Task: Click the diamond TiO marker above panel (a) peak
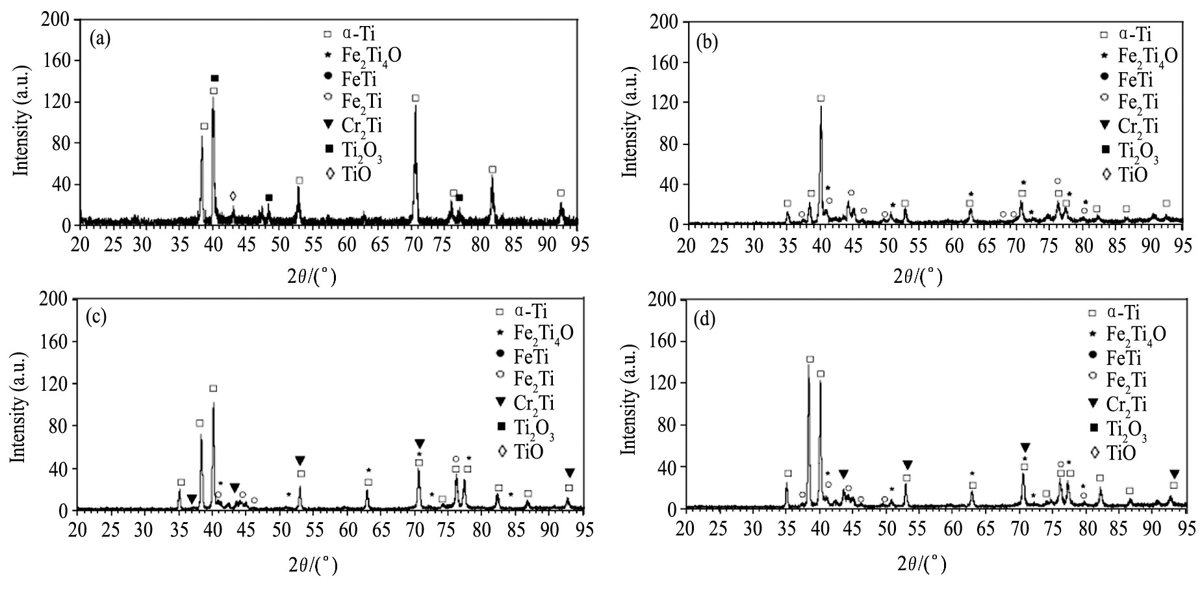(233, 196)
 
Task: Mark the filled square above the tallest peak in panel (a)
(214, 79)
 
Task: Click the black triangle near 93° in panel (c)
(570, 473)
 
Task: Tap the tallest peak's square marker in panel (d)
(810, 360)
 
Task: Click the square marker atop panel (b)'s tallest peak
(821, 98)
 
